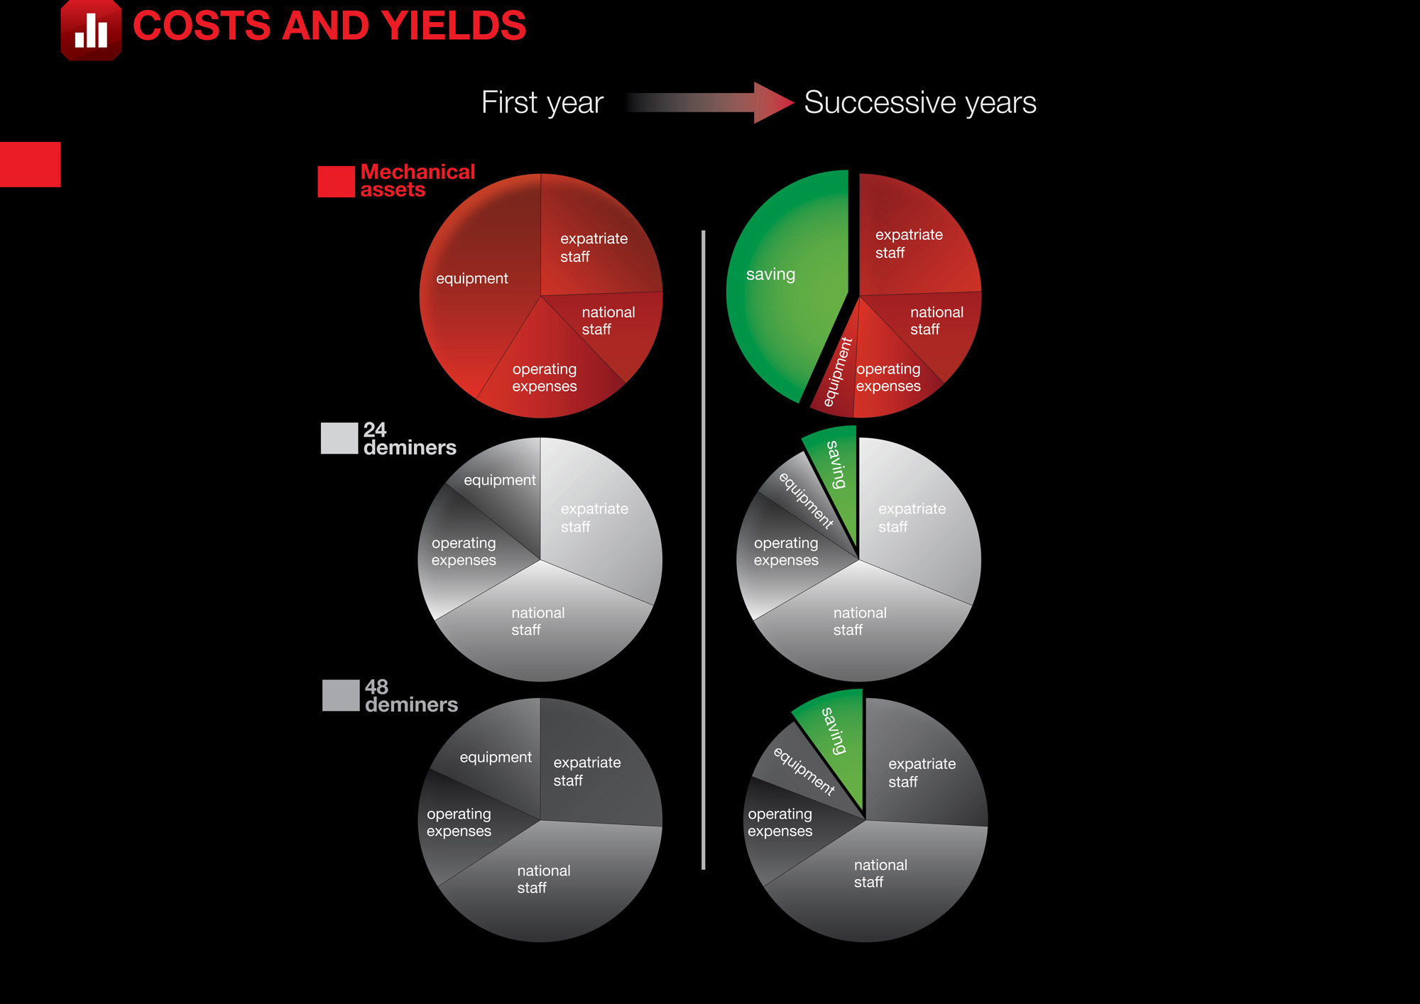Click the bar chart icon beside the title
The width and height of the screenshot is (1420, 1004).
[91, 30]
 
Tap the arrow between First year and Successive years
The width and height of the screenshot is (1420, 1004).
[710, 103]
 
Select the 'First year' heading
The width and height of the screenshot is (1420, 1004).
[542, 103]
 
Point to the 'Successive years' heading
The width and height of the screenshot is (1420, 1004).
[920, 103]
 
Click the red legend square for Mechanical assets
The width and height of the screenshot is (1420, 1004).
[336, 182]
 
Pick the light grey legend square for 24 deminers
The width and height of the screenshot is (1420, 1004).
[339, 438]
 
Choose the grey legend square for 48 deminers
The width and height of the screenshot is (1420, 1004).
[341, 695]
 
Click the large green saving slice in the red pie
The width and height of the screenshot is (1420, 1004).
[781, 284]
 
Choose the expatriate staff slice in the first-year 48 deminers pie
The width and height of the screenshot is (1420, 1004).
[596, 767]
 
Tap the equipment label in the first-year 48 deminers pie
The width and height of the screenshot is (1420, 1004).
[496, 758]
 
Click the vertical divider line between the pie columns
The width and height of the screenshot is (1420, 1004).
[703, 550]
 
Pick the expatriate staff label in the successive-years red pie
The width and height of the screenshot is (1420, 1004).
[909, 244]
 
